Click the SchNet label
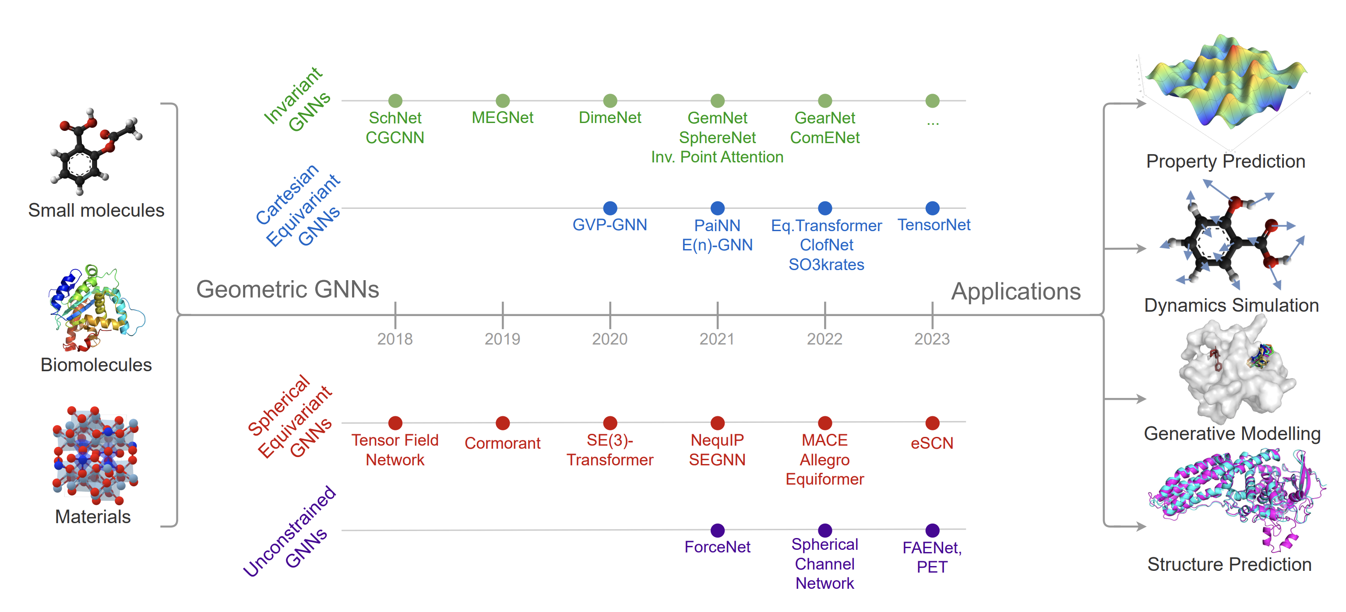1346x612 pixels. tap(395, 118)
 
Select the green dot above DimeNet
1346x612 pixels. tap(610, 100)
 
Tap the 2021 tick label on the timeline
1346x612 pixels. tap(717, 339)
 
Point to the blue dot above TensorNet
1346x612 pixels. tap(932, 208)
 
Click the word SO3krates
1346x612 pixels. tap(826, 265)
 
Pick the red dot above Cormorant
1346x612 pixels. tap(503, 422)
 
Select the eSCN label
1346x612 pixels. tap(932, 443)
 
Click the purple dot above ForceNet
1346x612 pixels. tap(717, 530)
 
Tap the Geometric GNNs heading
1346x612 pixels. tap(287, 289)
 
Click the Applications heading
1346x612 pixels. tap(1015, 292)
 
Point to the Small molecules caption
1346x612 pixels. tap(96, 211)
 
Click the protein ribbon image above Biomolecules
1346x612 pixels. tap(97, 308)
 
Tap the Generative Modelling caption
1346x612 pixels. tap(1232, 433)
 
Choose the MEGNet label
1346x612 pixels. tap(502, 118)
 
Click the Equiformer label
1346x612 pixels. tap(825, 479)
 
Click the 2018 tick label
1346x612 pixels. tap(395, 339)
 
